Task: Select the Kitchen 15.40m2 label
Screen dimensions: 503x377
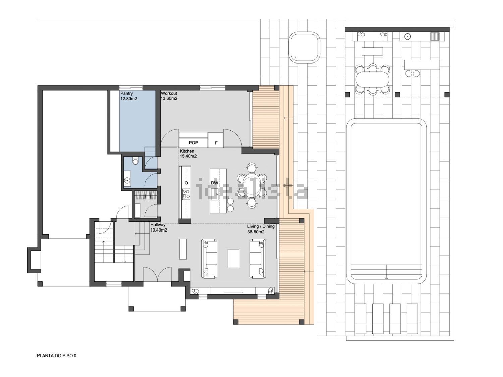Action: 188,154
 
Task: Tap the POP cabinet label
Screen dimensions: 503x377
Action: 193,143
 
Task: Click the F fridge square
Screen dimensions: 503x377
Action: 215,140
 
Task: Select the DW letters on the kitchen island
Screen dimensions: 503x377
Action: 214,183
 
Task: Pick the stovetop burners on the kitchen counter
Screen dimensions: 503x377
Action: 186,193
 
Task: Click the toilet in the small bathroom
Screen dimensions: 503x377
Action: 135,161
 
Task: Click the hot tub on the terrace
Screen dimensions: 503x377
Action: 304,47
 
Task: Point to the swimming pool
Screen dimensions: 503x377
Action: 386,202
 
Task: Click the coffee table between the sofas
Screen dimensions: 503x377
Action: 233,258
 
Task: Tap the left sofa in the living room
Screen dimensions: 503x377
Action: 209,258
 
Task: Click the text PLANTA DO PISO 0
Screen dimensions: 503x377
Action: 57,355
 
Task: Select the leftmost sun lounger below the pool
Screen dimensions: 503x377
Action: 360,319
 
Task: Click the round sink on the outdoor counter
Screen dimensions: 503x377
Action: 407,36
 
